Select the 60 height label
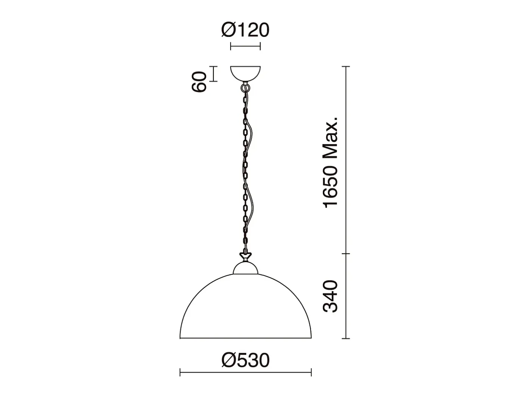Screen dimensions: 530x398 point(199,81)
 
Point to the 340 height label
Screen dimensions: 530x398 point(330,296)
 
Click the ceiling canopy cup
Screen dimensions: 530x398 point(245,74)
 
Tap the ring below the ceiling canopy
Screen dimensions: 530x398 point(245,87)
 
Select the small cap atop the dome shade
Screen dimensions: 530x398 point(245,268)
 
